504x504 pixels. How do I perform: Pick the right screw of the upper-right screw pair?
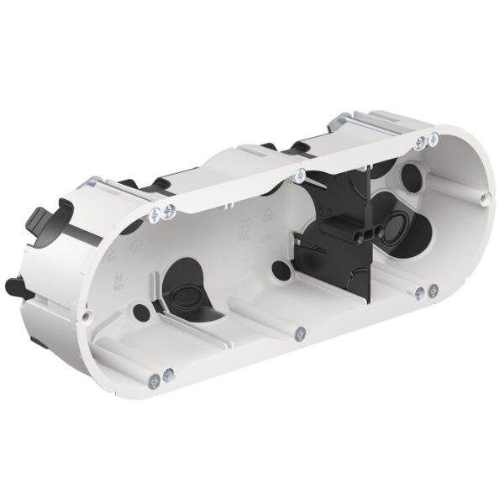click(x=434, y=139)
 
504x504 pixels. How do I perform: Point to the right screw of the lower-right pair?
click(x=433, y=291)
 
